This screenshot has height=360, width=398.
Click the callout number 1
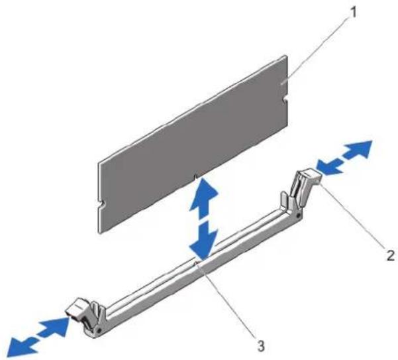[352, 12]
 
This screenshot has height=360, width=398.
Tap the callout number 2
[389, 255]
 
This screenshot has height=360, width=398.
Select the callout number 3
[261, 345]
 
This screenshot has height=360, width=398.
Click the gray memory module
[193, 145]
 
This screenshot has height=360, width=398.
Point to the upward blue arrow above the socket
[203, 198]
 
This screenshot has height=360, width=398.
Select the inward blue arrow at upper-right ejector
[328, 166]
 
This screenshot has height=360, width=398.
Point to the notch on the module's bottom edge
[195, 176]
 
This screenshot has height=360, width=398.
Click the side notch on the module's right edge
[285, 99]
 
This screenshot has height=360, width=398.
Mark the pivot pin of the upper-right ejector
[299, 215]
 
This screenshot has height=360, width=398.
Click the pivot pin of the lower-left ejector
[99, 330]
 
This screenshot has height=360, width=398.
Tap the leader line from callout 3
[227, 302]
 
